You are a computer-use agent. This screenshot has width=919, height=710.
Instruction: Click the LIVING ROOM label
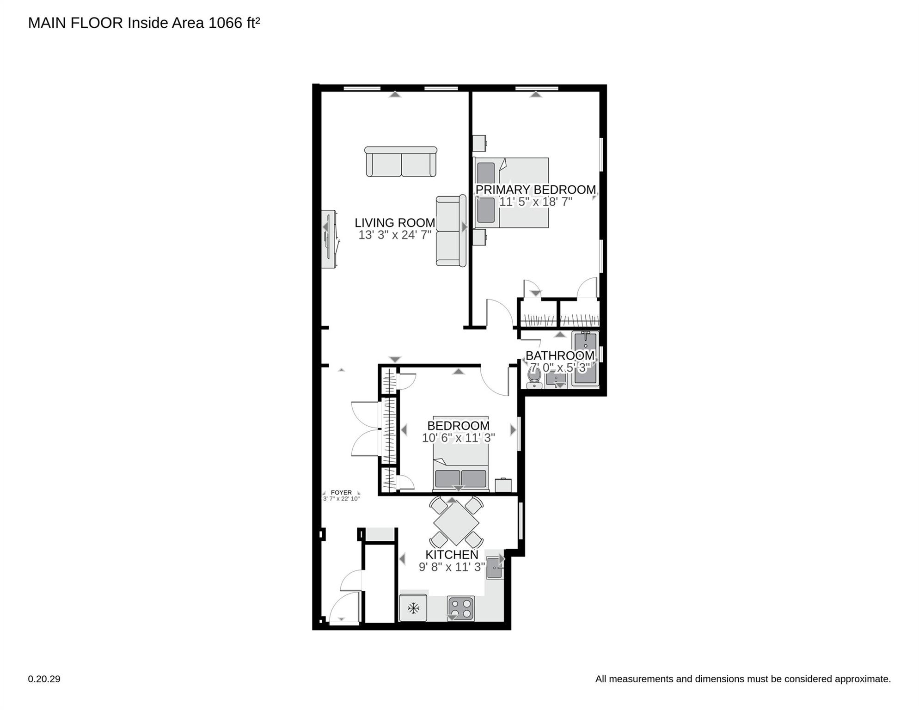tap(395, 223)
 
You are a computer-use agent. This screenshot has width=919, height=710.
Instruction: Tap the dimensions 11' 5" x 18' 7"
tap(535, 202)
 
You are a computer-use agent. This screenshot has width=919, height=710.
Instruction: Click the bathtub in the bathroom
tap(585, 359)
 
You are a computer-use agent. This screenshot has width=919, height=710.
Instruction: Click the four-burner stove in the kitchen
tap(460, 608)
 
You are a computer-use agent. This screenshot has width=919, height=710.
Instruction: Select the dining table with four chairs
tap(456, 523)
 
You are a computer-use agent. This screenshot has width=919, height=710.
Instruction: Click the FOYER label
tap(341, 492)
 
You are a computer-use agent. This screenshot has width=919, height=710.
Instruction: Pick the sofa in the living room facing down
tap(401, 162)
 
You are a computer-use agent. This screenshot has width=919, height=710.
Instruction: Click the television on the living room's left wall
tap(329, 239)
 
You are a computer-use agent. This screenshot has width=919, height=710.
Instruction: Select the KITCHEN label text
tap(451, 555)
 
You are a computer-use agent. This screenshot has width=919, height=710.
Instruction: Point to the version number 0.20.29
tap(44, 679)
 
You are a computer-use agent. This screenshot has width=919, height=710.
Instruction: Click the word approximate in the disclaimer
tap(863, 679)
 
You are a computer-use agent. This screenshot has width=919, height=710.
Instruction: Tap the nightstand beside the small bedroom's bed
tap(503, 485)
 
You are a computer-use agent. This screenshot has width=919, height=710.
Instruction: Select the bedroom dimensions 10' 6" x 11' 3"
tap(458, 438)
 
